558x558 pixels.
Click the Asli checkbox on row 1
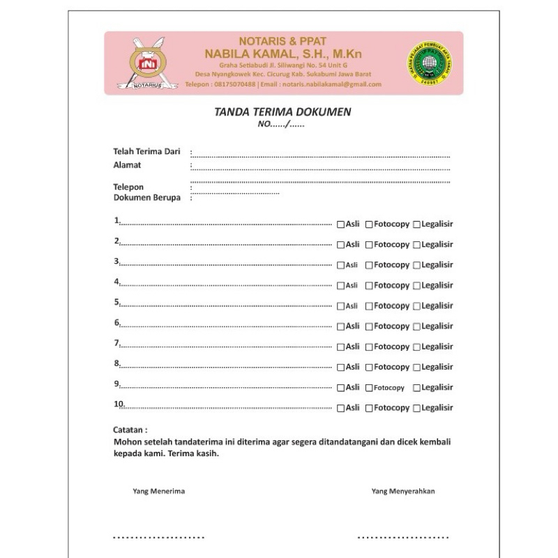click(x=340, y=225)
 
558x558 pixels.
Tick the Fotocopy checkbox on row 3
click(x=368, y=265)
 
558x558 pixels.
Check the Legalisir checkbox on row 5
click(x=416, y=306)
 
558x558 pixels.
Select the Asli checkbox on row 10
click(x=340, y=407)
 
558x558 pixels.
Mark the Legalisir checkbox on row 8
click(x=416, y=367)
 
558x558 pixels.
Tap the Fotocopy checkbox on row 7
click(x=368, y=347)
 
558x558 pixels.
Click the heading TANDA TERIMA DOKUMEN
click(x=282, y=112)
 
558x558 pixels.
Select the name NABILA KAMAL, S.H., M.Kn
click(x=283, y=54)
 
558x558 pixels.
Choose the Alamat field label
click(x=127, y=165)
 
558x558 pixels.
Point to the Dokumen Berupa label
click(x=146, y=197)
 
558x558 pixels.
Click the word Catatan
click(x=130, y=430)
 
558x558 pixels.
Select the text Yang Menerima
click(x=158, y=491)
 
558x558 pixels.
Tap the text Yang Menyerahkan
click(x=403, y=491)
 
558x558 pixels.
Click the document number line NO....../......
click(x=281, y=125)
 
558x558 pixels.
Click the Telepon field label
click(x=128, y=187)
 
